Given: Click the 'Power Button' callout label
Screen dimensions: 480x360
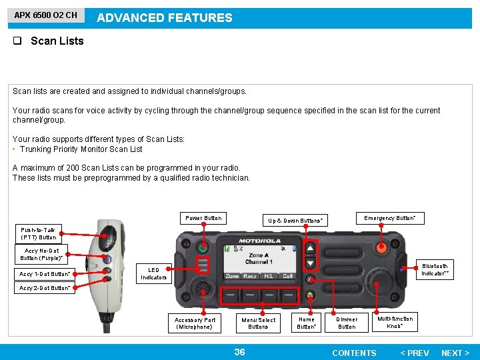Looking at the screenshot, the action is (x=203, y=218).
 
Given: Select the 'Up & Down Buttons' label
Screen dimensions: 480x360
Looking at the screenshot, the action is (x=295, y=220).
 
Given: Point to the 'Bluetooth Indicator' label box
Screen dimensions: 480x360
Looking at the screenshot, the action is (x=435, y=270).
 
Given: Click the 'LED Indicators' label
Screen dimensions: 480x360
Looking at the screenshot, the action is (x=153, y=273).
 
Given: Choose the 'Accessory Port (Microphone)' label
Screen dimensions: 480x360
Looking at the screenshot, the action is (x=195, y=323).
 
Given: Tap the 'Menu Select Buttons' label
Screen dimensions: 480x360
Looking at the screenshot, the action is (x=258, y=323).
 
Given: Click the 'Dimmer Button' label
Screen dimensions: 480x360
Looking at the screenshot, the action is (x=347, y=323).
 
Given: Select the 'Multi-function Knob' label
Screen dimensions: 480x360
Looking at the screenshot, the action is (x=395, y=322).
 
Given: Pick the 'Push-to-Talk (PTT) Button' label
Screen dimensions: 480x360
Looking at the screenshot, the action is (x=38, y=233).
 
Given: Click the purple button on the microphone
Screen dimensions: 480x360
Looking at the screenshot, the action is (x=107, y=259).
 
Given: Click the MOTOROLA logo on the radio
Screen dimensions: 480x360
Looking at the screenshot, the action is (x=260, y=241).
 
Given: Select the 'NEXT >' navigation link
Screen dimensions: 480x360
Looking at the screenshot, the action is (x=455, y=353).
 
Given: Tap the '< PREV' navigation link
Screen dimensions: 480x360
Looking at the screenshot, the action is (x=414, y=353).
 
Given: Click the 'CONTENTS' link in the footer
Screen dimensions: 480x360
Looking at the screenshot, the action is (x=354, y=353).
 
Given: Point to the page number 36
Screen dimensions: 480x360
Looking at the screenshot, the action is (x=239, y=352).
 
